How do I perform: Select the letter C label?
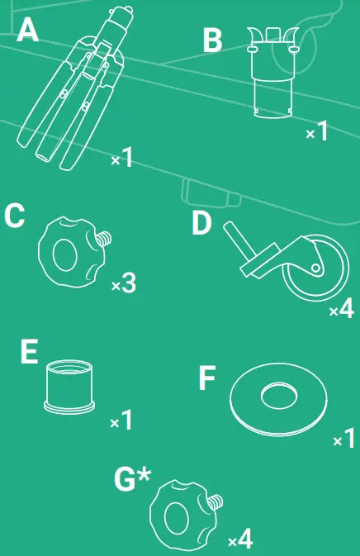[16, 216]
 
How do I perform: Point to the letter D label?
[203, 222]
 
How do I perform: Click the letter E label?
[30, 353]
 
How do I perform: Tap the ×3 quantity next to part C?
[123, 284]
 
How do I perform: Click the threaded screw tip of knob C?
[103, 240]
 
